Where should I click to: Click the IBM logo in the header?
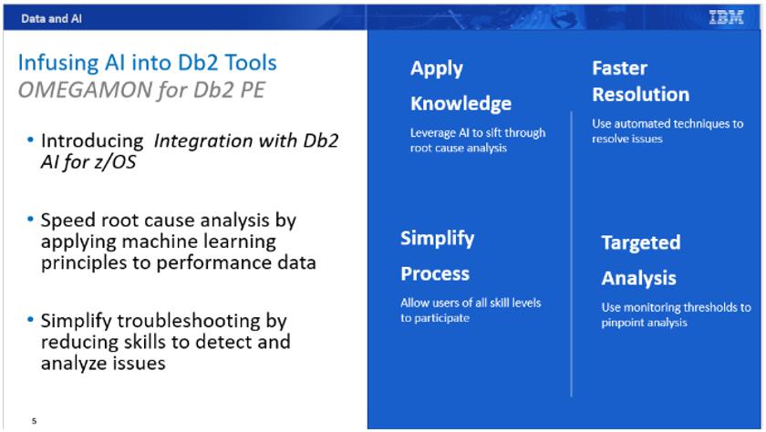coord(726,16)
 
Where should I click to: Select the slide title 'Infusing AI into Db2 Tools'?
coord(147,63)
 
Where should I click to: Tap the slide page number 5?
coord(35,421)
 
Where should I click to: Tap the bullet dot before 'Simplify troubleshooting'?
coord(31,321)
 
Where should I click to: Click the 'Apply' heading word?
coord(436,68)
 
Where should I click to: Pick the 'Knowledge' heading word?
coord(460,103)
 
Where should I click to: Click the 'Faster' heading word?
coord(619,68)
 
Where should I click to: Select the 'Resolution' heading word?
coord(640,95)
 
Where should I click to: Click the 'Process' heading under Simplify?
coord(435,273)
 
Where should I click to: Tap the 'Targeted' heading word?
coord(640,242)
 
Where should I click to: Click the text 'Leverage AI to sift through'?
coord(477,132)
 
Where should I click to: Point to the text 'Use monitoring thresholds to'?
coord(676,307)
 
